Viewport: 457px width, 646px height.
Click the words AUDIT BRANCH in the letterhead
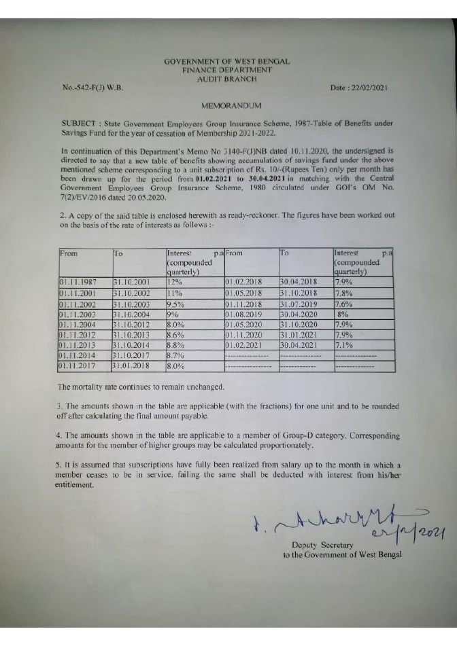pyautogui.click(x=227, y=79)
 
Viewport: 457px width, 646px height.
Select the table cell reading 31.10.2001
pyautogui.click(x=131, y=281)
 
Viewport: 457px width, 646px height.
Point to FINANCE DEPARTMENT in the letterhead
pyautogui.click(x=227, y=70)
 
